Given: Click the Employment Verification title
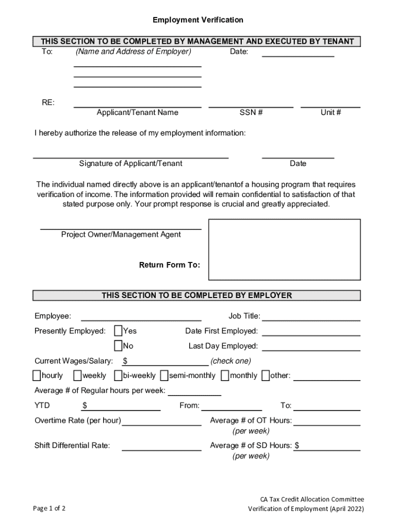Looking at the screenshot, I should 198,20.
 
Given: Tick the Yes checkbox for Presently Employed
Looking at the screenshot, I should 119,331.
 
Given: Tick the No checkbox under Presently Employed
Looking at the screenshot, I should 119,345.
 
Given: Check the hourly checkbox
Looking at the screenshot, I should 37,375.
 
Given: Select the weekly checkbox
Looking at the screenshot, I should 77,375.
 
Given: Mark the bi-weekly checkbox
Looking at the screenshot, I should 118,375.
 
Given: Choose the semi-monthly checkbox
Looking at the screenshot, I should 164,375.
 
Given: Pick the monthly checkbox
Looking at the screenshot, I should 225,375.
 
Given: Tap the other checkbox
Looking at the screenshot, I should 265,375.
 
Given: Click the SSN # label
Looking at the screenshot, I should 251,112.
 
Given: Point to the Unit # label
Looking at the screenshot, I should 330,112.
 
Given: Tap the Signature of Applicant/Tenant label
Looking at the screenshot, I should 130,163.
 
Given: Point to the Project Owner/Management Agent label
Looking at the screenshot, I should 121,235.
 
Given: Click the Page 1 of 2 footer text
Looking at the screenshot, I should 49,509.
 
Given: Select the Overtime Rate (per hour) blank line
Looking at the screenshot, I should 161,424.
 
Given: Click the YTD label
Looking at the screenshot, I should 42,406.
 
